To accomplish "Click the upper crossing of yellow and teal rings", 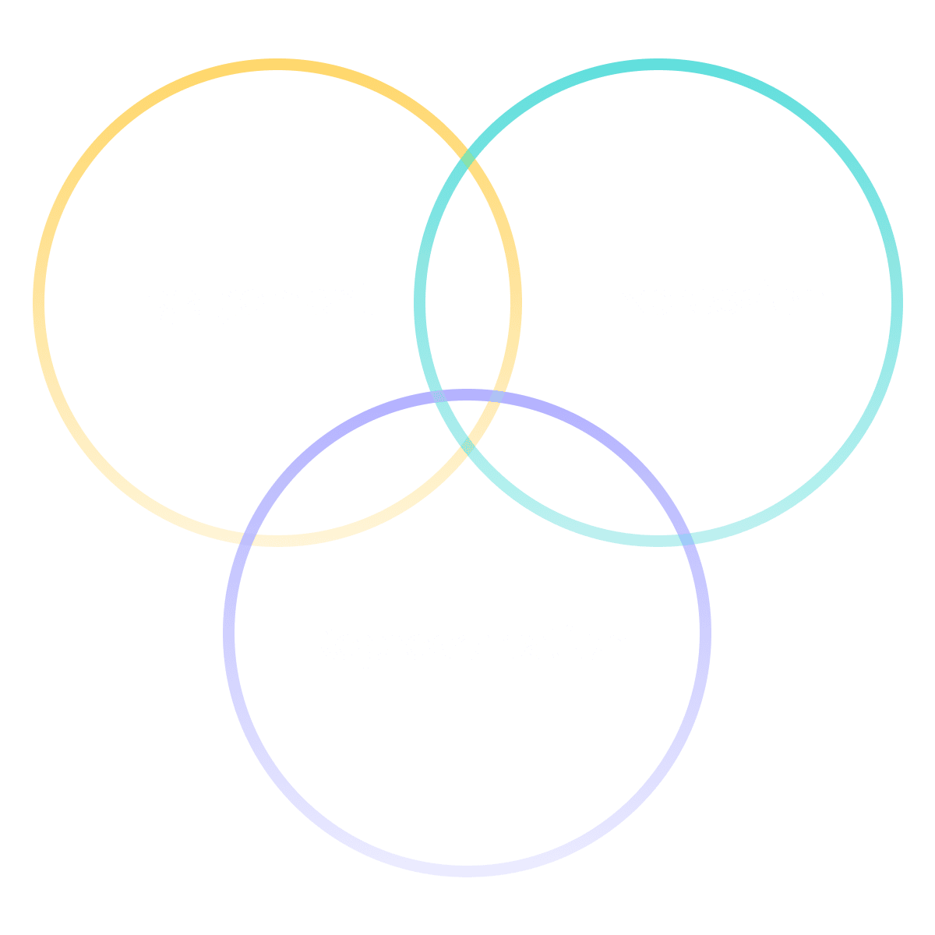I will pos(467,161).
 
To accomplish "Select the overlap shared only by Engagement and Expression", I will pos(467,296).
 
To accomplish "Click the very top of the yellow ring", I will pos(277,64).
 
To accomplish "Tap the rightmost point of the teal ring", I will pos(897,302).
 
